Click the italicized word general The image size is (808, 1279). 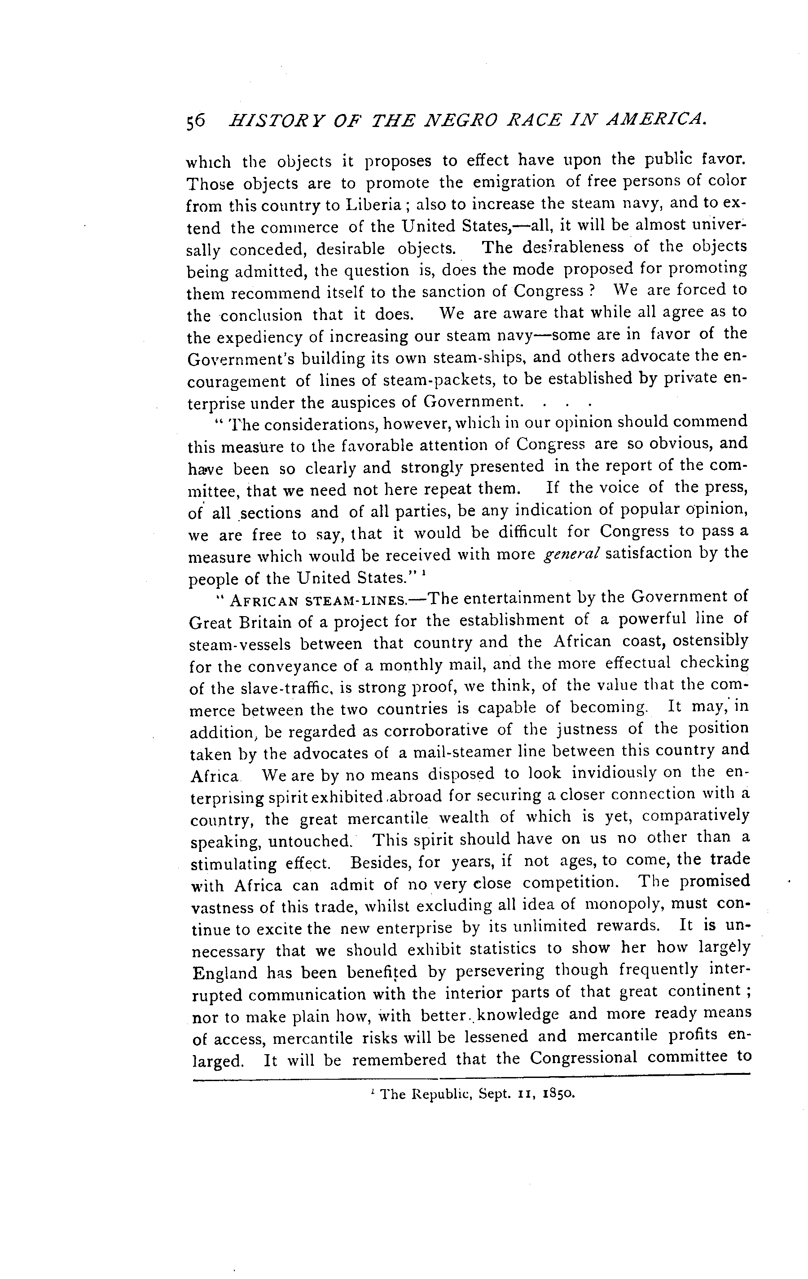(x=571, y=554)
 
